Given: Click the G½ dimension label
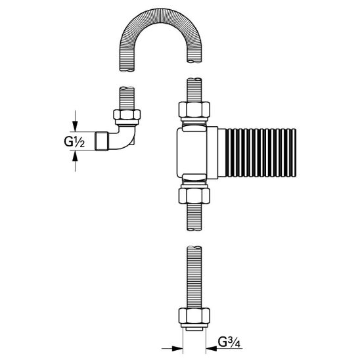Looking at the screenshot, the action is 74,141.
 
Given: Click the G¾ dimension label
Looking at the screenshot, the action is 229,342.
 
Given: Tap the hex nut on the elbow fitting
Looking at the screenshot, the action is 127,114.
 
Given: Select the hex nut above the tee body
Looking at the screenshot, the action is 194,110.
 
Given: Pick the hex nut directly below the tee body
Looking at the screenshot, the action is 194,196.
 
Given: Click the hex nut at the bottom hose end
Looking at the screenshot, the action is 194,315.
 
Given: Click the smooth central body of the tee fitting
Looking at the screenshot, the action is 192,153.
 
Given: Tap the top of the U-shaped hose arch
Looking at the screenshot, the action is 160,15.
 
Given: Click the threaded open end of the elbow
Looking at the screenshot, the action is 101,141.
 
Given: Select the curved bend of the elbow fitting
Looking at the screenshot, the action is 124,138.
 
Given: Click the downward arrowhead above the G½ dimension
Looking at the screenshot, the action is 75,126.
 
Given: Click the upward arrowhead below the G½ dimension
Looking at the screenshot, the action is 75,156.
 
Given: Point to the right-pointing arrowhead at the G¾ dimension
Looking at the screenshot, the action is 177,355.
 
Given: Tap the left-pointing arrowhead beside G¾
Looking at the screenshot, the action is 212,355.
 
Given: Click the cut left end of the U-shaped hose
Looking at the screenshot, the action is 127,70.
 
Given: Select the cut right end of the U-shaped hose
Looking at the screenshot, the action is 194,60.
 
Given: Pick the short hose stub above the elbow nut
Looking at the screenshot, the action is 127,99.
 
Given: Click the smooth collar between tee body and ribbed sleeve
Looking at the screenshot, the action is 212,153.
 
